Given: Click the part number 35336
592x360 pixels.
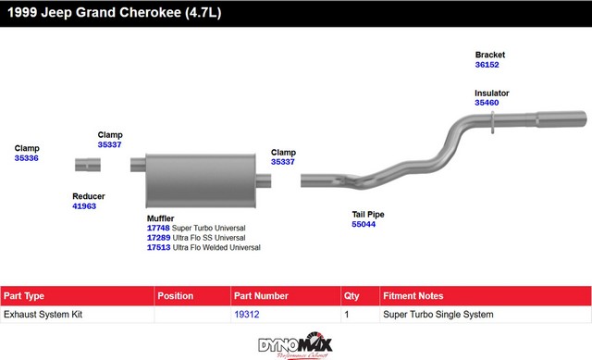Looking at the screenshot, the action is pos(27,158).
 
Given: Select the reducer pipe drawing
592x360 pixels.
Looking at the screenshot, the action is pos(88,165).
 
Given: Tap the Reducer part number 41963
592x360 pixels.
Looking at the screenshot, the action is pos(84,205).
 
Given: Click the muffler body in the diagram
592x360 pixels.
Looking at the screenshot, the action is pos(201,180).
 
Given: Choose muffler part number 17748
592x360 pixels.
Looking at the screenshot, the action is pos(158,228).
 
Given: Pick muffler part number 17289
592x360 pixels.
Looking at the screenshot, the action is pos(158,238).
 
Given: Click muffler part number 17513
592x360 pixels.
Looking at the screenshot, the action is pos(158,247).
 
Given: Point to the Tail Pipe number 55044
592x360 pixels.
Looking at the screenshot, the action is pos(364,224).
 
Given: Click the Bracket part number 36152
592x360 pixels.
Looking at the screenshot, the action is pos(487,65).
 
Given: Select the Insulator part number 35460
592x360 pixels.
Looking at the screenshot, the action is pos(487,103).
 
